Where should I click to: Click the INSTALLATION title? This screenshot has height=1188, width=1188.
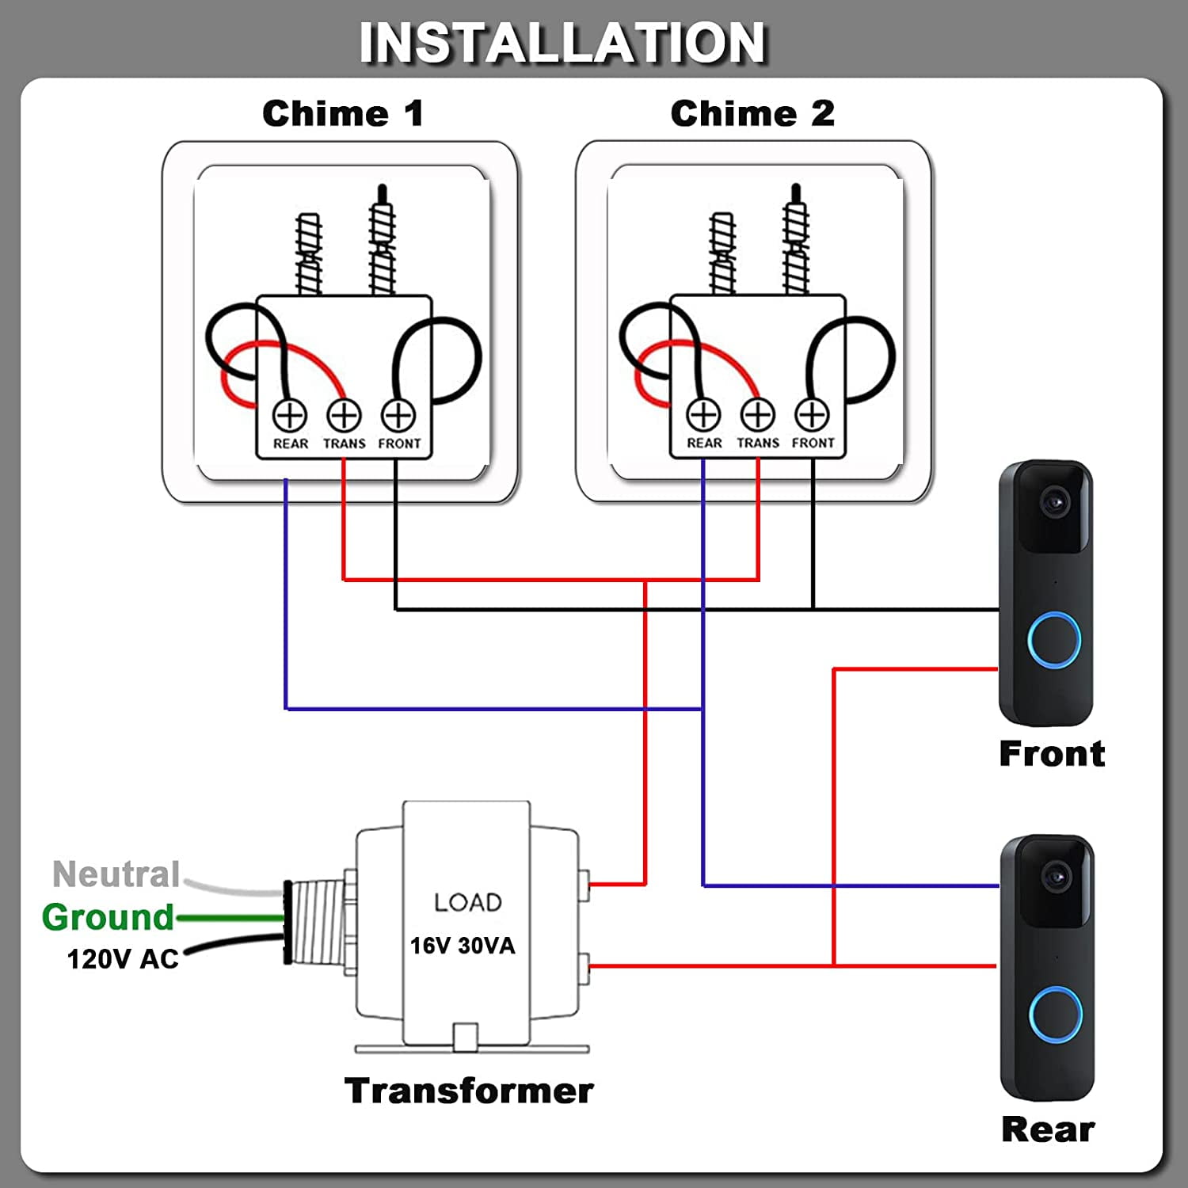point(562,43)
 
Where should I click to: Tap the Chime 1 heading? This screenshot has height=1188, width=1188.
point(343,114)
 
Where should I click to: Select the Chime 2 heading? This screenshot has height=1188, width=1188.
point(752,114)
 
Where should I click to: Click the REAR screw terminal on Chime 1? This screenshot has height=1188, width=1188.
point(290,415)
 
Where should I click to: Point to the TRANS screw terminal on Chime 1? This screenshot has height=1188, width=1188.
point(345,415)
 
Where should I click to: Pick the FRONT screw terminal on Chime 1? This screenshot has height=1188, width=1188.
point(398,415)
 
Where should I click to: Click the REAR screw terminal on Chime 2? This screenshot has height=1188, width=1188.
point(703,414)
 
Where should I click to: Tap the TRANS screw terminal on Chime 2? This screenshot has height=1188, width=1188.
point(758,414)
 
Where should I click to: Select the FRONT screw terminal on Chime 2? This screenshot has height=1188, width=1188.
point(812,414)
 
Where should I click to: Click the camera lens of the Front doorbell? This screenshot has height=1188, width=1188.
point(1054,501)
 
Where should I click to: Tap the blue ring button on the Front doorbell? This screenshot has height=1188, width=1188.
point(1054,639)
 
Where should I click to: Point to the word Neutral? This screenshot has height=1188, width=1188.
point(116,874)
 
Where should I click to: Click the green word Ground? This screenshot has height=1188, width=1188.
point(108,917)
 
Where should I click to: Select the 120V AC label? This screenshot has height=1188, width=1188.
point(123,959)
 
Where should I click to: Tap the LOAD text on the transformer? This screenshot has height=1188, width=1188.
point(468,902)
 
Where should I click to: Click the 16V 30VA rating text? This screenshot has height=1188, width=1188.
point(463,946)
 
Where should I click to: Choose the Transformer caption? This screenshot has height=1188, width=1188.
point(469,1091)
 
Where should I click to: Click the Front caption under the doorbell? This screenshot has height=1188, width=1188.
point(1052,753)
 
